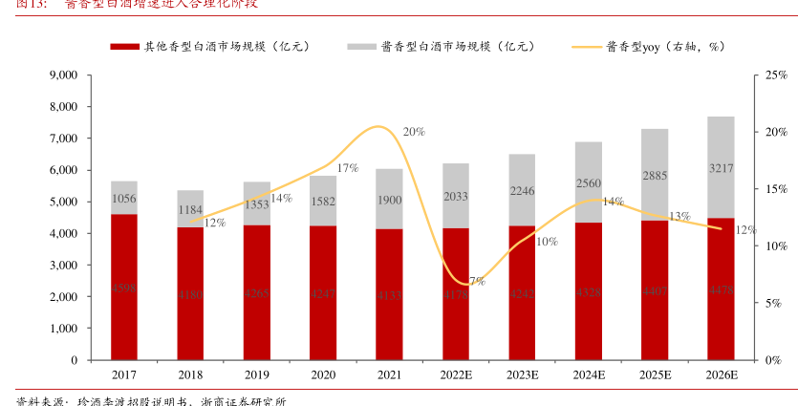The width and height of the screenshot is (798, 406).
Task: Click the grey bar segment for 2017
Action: [124, 198]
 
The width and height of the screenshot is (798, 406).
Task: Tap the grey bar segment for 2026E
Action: [721, 167]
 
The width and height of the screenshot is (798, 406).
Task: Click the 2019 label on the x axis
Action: [256, 375]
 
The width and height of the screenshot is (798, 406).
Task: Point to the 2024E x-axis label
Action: [588, 375]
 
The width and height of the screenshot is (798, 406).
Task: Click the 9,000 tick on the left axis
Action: [62, 75]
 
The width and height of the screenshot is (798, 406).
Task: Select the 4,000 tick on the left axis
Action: [62, 234]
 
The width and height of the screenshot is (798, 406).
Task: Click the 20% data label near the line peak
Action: [414, 132]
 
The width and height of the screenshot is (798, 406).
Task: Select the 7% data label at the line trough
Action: [477, 281]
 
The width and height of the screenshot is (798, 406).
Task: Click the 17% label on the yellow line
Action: [347, 168]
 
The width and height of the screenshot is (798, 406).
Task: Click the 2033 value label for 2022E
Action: [456, 197]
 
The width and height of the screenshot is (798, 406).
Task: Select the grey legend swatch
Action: [360, 46]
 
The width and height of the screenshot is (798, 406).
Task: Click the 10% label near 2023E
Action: [547, 242]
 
